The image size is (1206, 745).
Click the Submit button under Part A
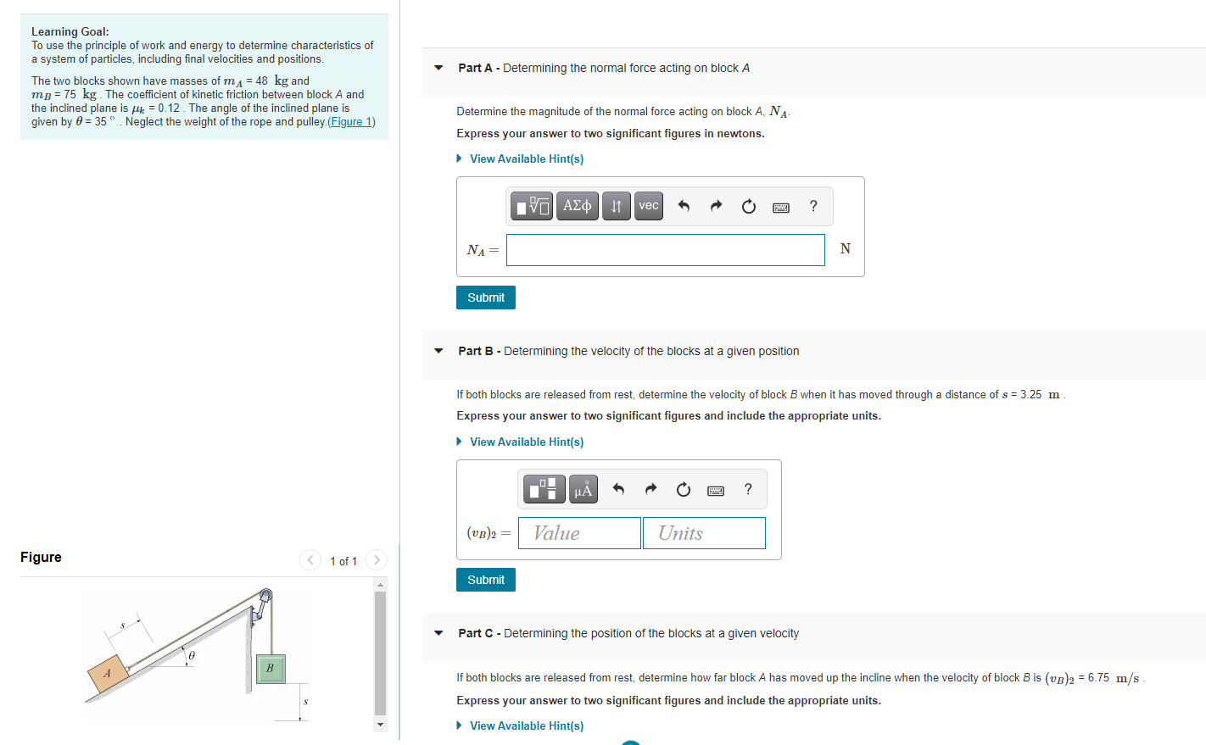click(485, 297)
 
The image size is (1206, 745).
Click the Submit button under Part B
click(485, 580)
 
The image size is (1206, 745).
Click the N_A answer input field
click(665, 250)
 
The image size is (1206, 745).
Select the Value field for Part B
click(579, 533)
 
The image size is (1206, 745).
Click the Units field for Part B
click(704, 533)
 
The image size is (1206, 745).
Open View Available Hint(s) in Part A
click(526, 158)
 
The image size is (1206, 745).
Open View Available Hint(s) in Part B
click(526, 442)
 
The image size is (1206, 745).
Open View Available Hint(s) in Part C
click(526, 726)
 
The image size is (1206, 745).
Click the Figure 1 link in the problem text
click(351, 122)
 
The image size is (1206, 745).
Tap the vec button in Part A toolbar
click(649, 206)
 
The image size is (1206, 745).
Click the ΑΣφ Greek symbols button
click(578, 206)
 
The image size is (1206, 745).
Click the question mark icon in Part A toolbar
click(813, 206)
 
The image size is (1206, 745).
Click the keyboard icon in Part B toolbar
click(716, 490)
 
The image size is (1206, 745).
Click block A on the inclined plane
click(108, 673)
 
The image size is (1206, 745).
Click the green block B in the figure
click(270, 668)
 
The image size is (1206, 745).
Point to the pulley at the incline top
click(265, 596)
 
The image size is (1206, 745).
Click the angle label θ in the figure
click(192, 655)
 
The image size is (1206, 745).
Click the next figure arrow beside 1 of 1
click(377, 560)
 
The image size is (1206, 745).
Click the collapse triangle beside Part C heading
click(438, 633)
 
